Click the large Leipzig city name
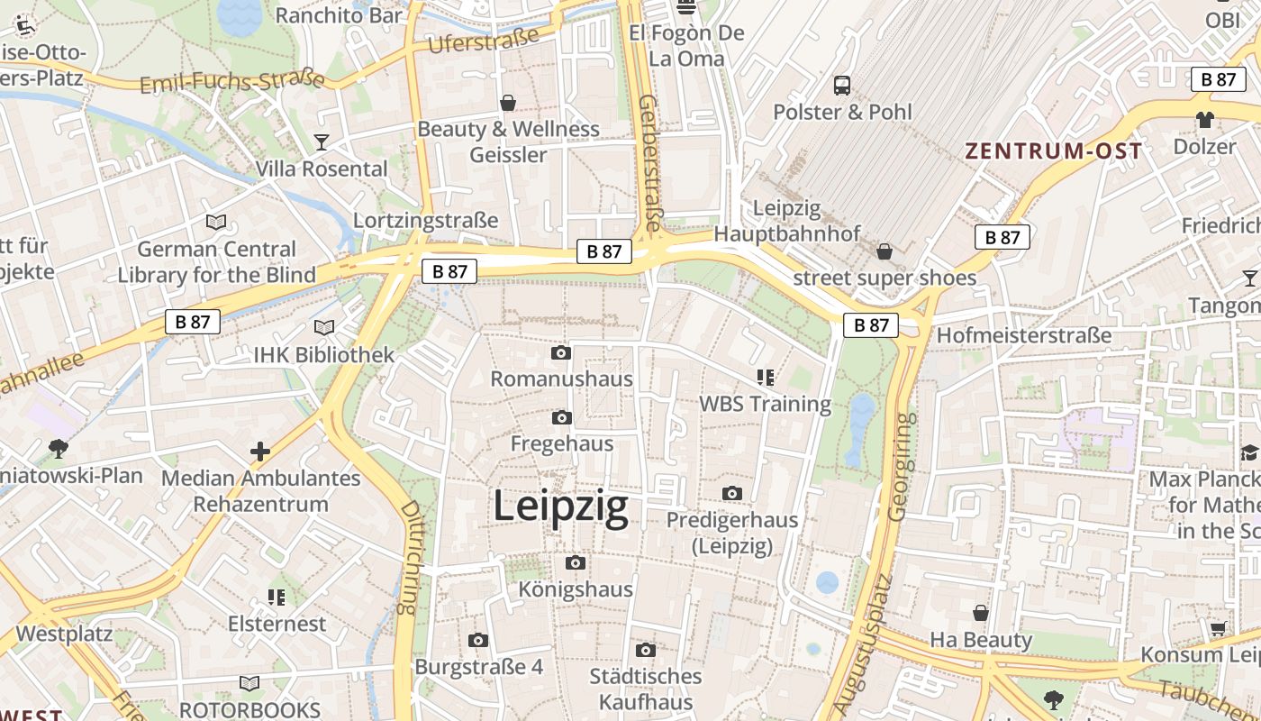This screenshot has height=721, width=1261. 560,507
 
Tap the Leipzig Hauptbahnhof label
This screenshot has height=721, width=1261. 786,221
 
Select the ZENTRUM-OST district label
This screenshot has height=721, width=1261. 1054,151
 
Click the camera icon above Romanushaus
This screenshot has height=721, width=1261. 561,352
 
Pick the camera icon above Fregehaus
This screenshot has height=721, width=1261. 561,417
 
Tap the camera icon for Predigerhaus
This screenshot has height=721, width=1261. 732,493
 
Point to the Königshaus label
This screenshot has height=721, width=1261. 576,589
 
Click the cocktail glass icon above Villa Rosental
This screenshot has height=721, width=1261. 321,141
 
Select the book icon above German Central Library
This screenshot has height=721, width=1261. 216,222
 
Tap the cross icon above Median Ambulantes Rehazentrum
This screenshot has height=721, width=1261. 260,451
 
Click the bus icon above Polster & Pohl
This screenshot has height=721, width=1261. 842,86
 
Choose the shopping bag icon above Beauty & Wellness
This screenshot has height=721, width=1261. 508,103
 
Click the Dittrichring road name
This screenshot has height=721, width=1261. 410,558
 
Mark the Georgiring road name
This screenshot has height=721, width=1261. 900,466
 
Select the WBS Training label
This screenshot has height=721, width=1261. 766,403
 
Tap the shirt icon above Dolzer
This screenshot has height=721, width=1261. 1205,119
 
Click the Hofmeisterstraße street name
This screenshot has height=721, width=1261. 1024,335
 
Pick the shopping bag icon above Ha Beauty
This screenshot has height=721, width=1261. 981,613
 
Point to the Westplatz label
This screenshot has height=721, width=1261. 64,633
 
